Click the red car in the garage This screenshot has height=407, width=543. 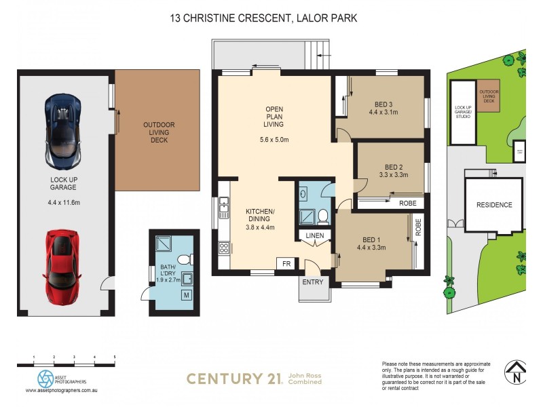click(x=62, y=265)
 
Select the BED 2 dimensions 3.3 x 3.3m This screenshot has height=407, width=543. click(x=394, y=175)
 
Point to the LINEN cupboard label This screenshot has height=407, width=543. click(x=315, y=235)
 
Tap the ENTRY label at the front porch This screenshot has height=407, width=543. click(x=313, y=282)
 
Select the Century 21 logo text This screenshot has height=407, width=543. click(x=234, y=379)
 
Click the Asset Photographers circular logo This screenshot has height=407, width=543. click(x=45, y=378)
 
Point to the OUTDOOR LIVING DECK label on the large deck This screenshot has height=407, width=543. click(x=158, y=132)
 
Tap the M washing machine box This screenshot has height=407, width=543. click(x=186, y=295)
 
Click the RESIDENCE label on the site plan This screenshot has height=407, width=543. click(x=493, y=205)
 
